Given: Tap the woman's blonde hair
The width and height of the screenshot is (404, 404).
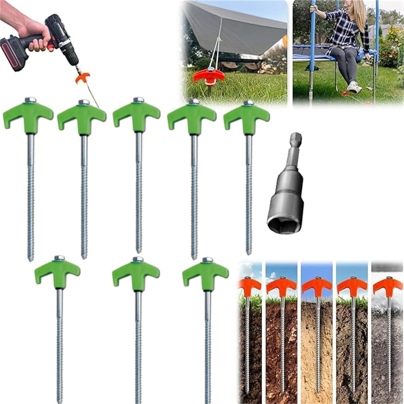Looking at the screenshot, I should (x=359, y=13).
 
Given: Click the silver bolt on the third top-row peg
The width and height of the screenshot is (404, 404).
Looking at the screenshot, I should (x=138, y=100).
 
